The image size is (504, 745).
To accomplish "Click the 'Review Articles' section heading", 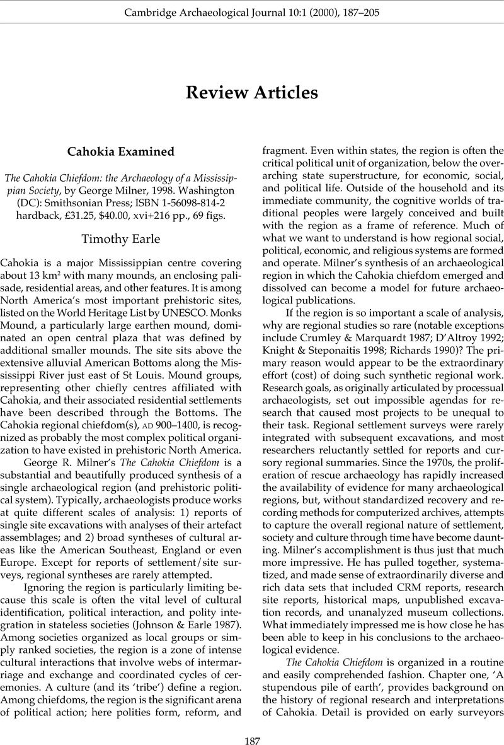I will pyautogui.click(x=252, y=93).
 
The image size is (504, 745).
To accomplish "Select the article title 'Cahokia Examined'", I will pyautogui.click(x=121, y=151).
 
